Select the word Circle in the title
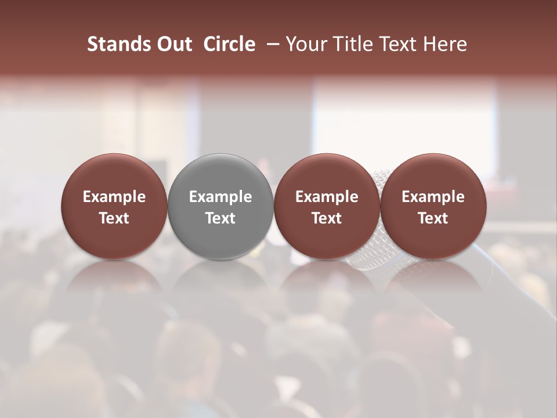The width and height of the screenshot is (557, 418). [x=229, y=44]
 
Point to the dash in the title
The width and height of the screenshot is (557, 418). [x=272, y=44]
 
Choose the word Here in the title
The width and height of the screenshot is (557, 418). [x=444, y=44]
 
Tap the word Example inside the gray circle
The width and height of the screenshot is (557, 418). [x=220, y=197]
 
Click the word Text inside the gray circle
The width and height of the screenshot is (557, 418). [x=220, y=218]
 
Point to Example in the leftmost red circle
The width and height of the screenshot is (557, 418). [x=114, y=197]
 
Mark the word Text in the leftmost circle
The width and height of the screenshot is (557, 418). [x=114, y=218]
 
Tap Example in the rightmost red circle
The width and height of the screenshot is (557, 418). [x=433, y=197]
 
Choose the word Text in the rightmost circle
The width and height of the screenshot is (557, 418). [x=433, y=218]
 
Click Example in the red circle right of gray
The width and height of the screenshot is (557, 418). [x=327, y=197]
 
